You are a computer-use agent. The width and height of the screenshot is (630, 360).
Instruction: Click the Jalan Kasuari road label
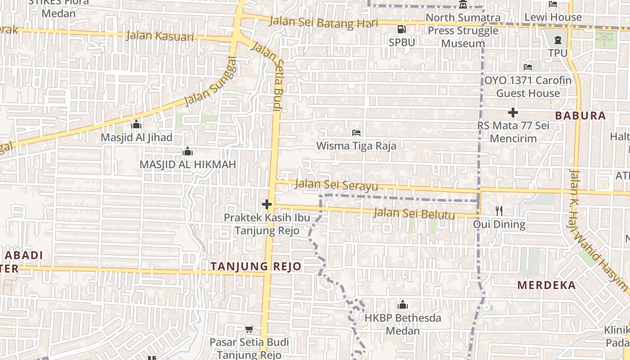(160, 36)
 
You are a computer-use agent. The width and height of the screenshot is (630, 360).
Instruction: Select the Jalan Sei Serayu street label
(336, 184)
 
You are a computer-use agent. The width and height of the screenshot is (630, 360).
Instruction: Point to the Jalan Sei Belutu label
(414, 213)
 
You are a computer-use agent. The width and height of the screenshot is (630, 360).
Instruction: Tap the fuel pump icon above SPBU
(401, 29)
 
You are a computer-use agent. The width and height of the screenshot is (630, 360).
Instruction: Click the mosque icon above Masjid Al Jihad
(136, 124)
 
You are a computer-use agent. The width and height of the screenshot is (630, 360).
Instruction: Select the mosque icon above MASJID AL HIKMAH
(188, 151)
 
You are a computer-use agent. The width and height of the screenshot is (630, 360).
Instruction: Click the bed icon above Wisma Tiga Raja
(356, 133)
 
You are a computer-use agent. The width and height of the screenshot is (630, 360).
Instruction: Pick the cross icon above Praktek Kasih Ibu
(267, 204)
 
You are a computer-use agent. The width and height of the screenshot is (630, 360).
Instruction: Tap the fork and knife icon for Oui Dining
(499, 211)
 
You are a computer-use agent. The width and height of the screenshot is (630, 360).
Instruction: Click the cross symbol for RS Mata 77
(513, 112)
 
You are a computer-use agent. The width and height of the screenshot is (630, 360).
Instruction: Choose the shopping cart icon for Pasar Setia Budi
(249, 329)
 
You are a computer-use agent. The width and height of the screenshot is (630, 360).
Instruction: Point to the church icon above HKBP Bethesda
(403, 305)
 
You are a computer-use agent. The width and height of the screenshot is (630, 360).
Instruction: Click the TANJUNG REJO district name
(256, 266)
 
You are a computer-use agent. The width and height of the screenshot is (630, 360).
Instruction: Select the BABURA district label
(580, 116)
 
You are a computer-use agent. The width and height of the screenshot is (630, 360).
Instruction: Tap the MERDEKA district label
(546, 285)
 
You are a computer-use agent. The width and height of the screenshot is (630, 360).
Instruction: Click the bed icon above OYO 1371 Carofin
(528, 67)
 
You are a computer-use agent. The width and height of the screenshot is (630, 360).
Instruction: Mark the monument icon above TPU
(558, 40)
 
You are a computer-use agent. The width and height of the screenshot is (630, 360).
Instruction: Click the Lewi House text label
(553, 18)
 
